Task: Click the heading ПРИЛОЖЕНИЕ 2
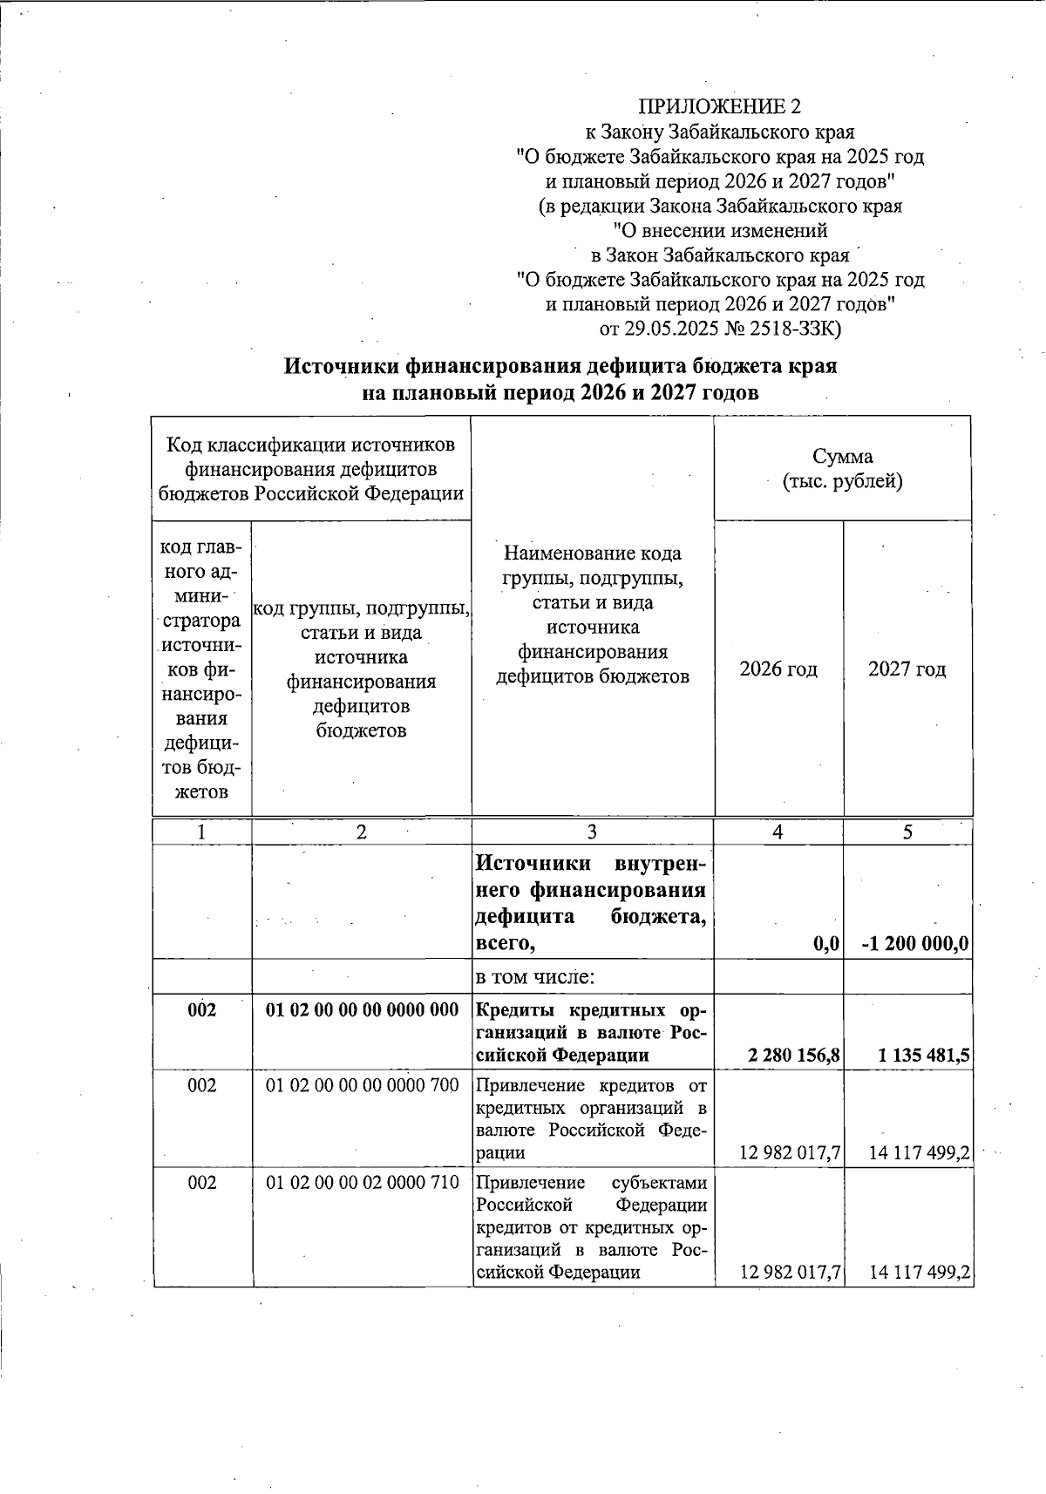pyautogui.click(x=719, y=107)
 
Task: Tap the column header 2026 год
pyautogui.click(x=778, y=669)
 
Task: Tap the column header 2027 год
pyautogui.click(x=907, y=669)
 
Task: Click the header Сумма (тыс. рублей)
pyautogui.click(x=841, y=469)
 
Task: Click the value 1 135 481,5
pyautogui.click(x=924, y=1056)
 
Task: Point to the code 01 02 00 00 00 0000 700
pyautogui.click(x=362, y=1086)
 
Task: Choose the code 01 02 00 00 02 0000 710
pyautogui.click(x=362, y=1183)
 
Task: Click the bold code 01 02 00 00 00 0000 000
pyautogui.click(x=362, y=1010)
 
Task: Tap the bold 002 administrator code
pyautogui.click(x=201, y=1010)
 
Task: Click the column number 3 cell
pyautogui.click(x=592, y=832)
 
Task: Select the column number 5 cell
pyautogui.click(x=907, y=832)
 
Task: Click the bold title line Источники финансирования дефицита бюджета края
pyautogui.click(x=561, y=366)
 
